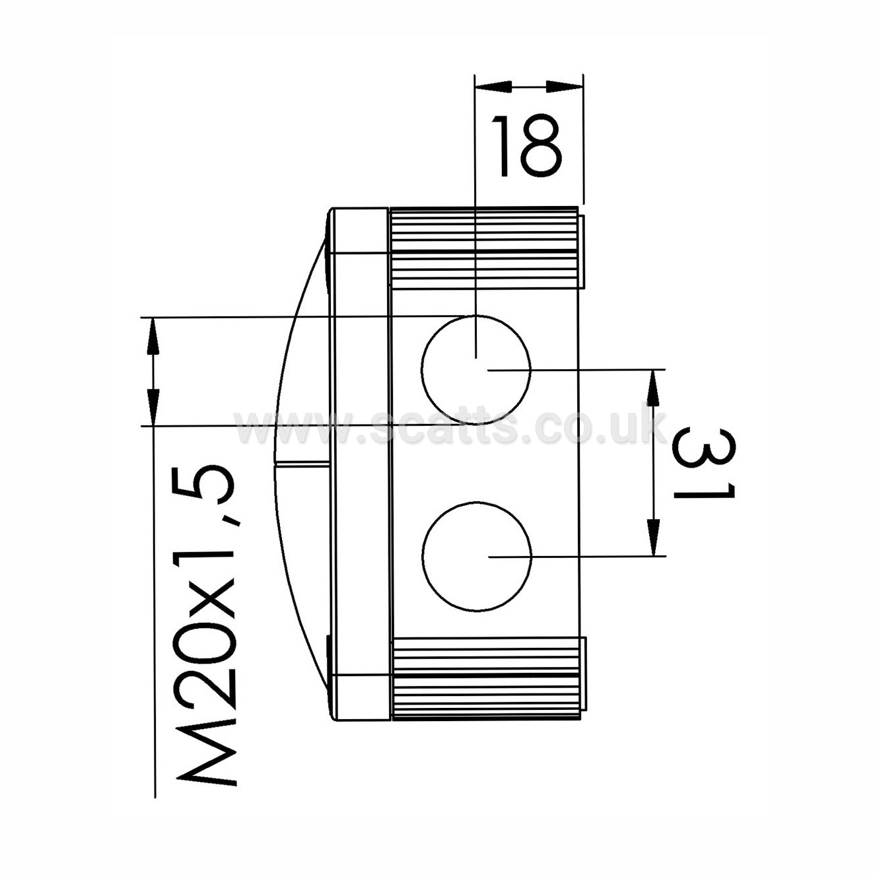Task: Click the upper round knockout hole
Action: (x=475, y=370)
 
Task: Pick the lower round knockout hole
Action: (x=476, y=557)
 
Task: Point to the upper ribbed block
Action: (x=484, y=248)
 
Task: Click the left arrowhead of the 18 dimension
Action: (x=493, y=87)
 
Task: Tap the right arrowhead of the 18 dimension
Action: (x=564, y=87)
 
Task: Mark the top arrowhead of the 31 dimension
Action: (x=653, y=388)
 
